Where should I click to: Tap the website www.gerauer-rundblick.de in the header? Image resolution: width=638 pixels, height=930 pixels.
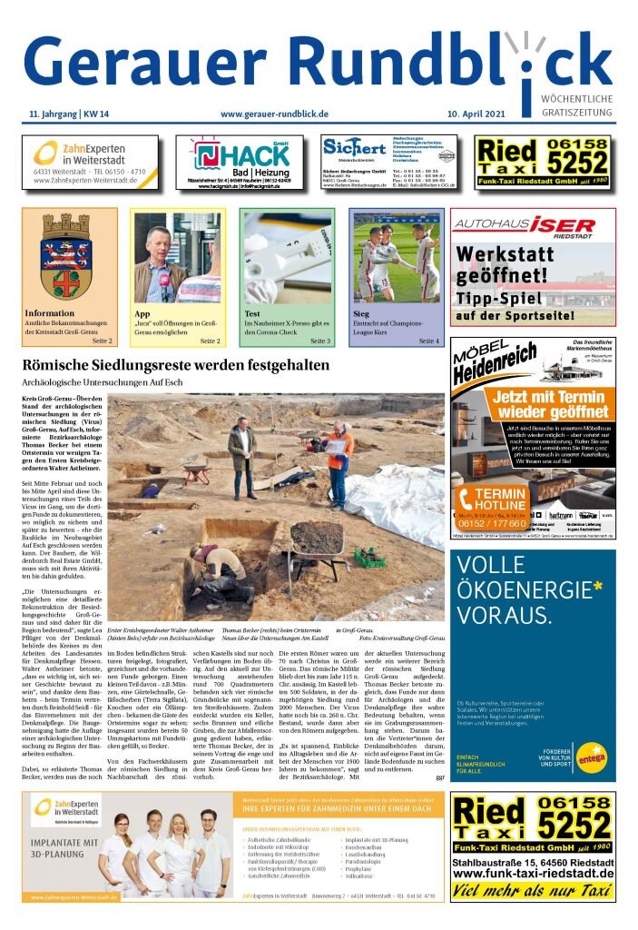click(274, 114)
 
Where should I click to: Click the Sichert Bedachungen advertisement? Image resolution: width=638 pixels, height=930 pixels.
click(389, 162)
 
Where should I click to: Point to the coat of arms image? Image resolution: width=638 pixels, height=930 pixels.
click(69, 256)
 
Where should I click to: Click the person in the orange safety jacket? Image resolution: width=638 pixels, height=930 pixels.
click(337, 460)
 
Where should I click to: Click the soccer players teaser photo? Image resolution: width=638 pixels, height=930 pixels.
click(397, 258)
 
